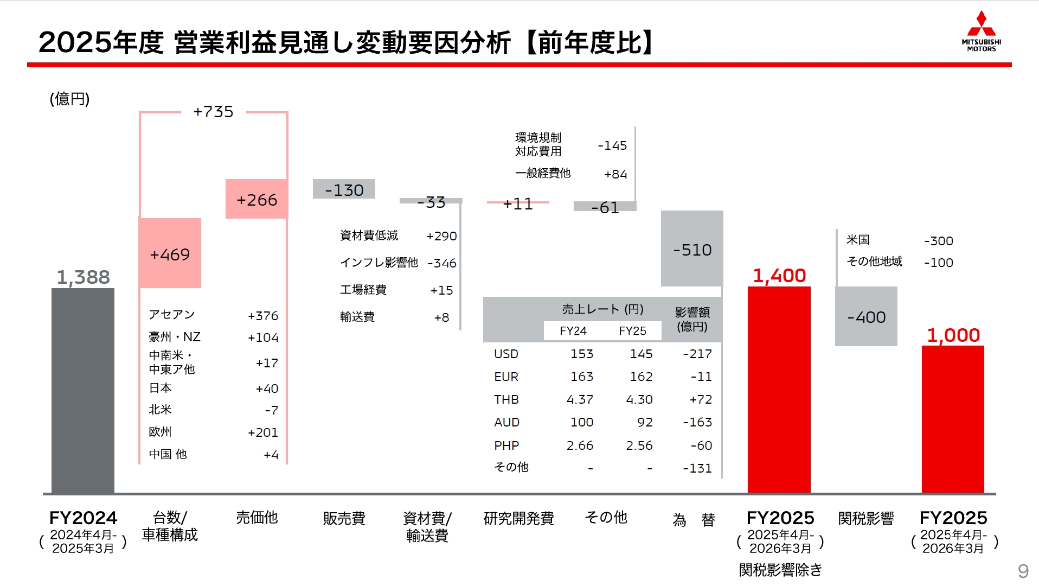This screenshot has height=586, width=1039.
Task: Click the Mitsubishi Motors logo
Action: (x=981, y=31)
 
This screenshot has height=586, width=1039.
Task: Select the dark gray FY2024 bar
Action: (x=83, y=391)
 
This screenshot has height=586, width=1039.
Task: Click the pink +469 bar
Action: (x=170, y=253)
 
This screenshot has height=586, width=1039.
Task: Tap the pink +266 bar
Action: (x=256, y=199)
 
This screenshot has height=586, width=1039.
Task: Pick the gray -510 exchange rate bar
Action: (x=692, y=249)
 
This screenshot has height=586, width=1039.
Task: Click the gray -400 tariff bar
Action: (x=866, y=316)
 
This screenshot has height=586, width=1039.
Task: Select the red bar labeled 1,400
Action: (x=779, y=390)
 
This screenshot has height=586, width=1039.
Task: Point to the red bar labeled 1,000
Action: (x=953, y=419)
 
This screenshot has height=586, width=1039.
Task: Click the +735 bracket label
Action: (x=213, y=112)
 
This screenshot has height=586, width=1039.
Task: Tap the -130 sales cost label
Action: (x=344, y=189)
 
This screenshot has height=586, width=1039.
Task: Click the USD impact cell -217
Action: (x=697, y=354)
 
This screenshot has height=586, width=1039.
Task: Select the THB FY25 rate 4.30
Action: (x=639, y=399)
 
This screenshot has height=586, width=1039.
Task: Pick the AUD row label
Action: (x=506, y=422)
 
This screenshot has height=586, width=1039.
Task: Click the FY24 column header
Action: (x=573, y=331)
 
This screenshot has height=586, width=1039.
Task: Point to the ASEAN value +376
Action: (x=262, y=315)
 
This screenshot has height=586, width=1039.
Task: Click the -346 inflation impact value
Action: (x=442, y=263)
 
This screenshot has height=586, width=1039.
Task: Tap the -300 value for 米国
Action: (x=938, y=240)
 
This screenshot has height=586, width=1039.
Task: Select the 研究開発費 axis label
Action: (x=518, y=518)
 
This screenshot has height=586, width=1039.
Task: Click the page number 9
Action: (x=1023, y=571)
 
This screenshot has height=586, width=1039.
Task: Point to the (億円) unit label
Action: (x=69, y=99)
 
